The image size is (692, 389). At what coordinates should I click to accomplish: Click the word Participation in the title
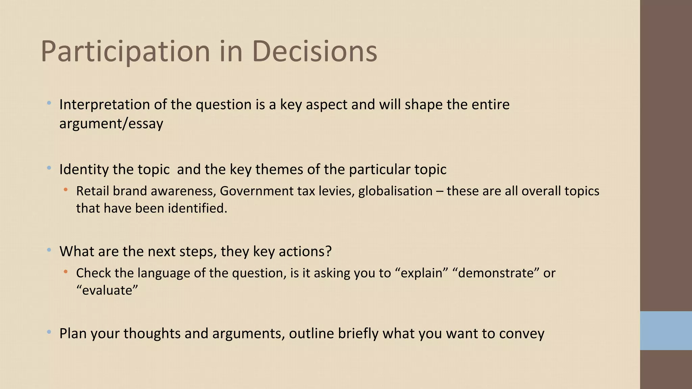(x=125, y=51)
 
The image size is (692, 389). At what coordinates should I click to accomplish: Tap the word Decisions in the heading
(x=314, y=51)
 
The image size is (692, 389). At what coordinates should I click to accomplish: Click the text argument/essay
(x=111, y=124)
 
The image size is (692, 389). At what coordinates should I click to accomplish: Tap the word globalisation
(x=395, y=191)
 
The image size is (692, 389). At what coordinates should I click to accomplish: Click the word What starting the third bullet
(x=77, y=252)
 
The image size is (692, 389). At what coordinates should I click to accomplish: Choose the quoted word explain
(x=421, y=273)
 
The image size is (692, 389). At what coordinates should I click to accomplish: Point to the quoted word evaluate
(x=107, y=290)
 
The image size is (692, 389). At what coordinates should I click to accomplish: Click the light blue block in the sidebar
(x=666, y=331)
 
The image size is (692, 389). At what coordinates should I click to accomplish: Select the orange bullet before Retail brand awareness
(x=66, y=190)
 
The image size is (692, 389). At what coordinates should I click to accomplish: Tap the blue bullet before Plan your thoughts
(x=49, y=332)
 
